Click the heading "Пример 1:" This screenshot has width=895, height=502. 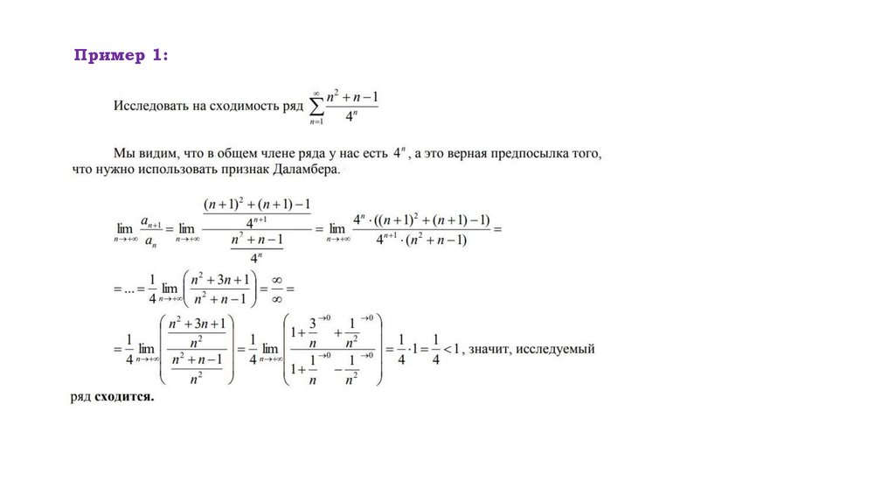(x=121, y=56)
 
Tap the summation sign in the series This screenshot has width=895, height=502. (x=316, y=107)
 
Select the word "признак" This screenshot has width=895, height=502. (x=241, y=171)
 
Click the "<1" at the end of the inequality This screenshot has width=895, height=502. (x=452, y=350)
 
